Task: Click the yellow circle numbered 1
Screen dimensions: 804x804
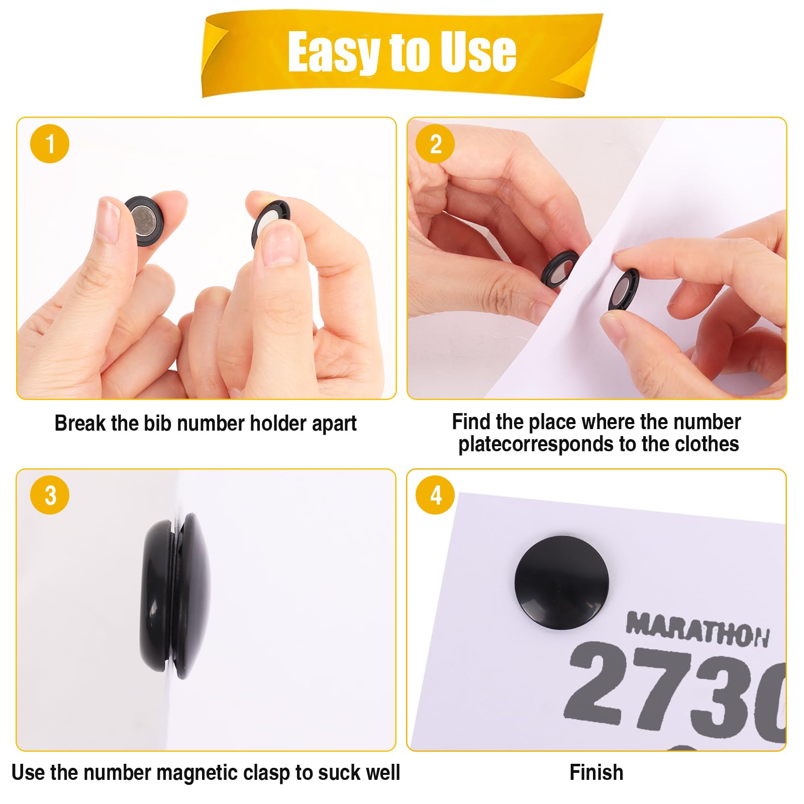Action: pyautogui.click(x=50, y=144)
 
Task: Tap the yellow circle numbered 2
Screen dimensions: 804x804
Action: pyautogui.click(x=435, y=144)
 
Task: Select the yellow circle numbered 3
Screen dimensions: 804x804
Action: pyautogui.click(x=50, y=495)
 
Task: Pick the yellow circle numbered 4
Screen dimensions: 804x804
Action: pyautogui.click(x=435, y=495)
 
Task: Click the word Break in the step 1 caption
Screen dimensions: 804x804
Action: pyautogui.click(x=80, y=423)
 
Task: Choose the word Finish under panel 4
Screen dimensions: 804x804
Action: pyautogui.click(x=596, y=772)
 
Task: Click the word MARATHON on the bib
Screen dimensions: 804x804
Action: pyautogui.click(x=697, y=629)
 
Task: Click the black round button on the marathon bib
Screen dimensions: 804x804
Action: pyautogui.click(x=561, y=582)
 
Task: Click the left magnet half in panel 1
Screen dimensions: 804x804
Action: pyautogui.click(x=146, y=220)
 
